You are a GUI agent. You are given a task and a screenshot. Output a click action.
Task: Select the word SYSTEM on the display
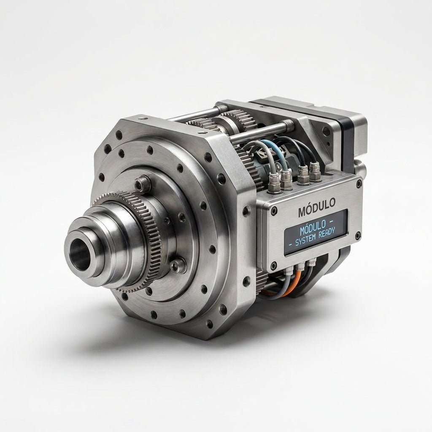point(305,239)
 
